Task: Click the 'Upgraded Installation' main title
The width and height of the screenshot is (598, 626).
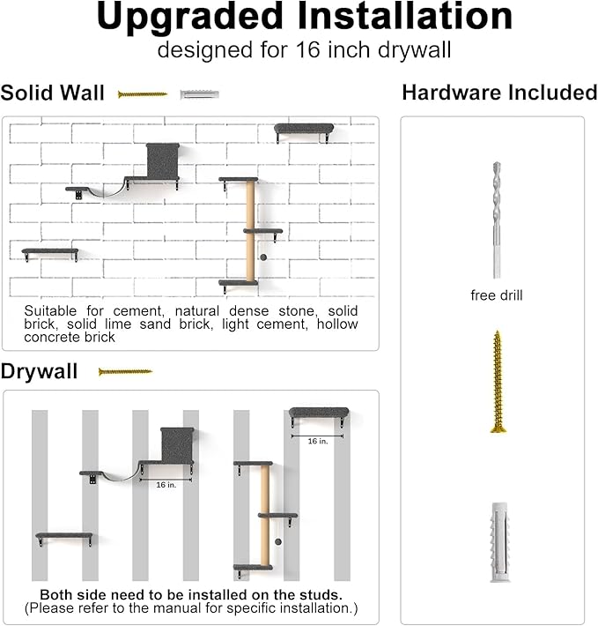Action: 304,18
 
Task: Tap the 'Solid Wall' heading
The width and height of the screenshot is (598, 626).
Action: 53,93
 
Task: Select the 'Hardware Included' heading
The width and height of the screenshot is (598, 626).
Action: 499,93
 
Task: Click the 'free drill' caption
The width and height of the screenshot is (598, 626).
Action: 497,295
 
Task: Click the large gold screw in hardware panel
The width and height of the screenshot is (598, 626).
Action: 498,381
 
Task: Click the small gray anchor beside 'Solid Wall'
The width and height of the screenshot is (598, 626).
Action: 199,93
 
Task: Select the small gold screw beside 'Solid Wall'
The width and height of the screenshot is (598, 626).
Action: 143,93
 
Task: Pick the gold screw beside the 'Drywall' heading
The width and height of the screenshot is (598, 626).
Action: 125,371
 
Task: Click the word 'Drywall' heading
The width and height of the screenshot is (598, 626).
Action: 39,371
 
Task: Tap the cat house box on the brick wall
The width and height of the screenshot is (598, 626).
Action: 162,160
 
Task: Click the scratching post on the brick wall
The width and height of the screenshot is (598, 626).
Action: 251,231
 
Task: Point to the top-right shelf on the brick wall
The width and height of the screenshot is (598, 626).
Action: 304,130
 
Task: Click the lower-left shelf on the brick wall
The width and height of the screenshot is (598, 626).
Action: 50,252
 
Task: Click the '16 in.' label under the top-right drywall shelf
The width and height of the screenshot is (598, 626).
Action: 317,440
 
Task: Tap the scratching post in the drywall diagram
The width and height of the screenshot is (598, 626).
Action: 264,515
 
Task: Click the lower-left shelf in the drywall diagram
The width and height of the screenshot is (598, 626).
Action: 64,536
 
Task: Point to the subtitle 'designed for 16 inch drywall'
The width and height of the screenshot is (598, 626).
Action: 304,49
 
